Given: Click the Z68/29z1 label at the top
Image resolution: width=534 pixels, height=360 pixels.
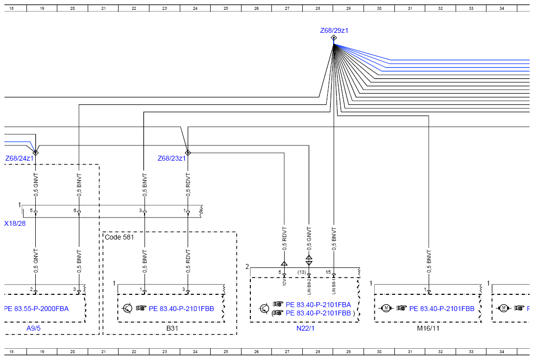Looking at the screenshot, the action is point(334,30).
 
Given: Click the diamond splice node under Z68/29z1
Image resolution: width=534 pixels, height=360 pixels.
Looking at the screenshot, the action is point(334,38).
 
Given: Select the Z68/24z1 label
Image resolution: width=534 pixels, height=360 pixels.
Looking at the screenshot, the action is point(20,158).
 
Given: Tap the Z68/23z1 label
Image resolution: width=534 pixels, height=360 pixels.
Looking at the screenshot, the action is point(171,158).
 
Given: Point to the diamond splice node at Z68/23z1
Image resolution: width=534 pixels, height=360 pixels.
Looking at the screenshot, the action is point(188,153).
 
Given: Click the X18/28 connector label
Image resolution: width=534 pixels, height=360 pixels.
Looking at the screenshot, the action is point(15,223).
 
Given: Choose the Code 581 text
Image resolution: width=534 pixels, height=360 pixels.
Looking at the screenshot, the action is point(119,237).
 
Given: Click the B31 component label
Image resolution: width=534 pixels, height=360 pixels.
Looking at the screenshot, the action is point(172,328).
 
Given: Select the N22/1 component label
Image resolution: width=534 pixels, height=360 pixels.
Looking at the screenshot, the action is point(306,328).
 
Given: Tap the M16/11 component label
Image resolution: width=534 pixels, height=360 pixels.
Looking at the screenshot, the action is point(428,328).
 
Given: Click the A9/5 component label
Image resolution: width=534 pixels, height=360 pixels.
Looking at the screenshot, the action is point(34,328).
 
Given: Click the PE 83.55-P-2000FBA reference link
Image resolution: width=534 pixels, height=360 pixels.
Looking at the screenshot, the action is point(36,309).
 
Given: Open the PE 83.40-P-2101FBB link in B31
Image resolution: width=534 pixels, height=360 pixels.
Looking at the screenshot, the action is point(181,309).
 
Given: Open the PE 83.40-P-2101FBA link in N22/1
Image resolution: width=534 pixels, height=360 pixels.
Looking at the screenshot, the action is point(318,305).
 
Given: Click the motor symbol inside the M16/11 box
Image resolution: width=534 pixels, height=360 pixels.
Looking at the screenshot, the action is point(386,308).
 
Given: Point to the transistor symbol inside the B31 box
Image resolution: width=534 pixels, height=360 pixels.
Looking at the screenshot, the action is point(127,309).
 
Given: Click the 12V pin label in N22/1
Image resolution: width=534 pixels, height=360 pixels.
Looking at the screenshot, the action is point(284,282).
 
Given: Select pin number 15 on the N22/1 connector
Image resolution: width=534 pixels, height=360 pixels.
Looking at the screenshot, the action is point(328,272).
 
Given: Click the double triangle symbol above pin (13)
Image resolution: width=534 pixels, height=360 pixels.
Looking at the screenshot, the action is point(309,260).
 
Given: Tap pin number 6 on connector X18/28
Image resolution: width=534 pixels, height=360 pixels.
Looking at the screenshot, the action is point(75,211).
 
